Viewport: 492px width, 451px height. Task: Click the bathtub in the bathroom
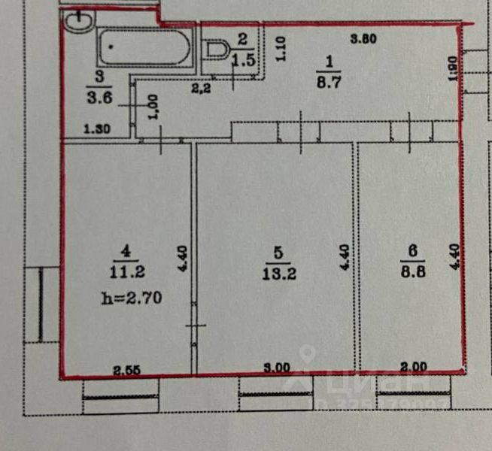(143, 47)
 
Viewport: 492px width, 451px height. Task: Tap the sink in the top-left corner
(76, 22)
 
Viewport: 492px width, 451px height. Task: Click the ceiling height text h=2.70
(131, 298)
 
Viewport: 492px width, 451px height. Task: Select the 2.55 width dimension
(127, 368)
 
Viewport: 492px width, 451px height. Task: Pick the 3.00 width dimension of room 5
(278, 368)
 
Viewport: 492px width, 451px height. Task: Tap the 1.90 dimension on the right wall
(451, 69)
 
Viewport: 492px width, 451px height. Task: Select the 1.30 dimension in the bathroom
(96, 129)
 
